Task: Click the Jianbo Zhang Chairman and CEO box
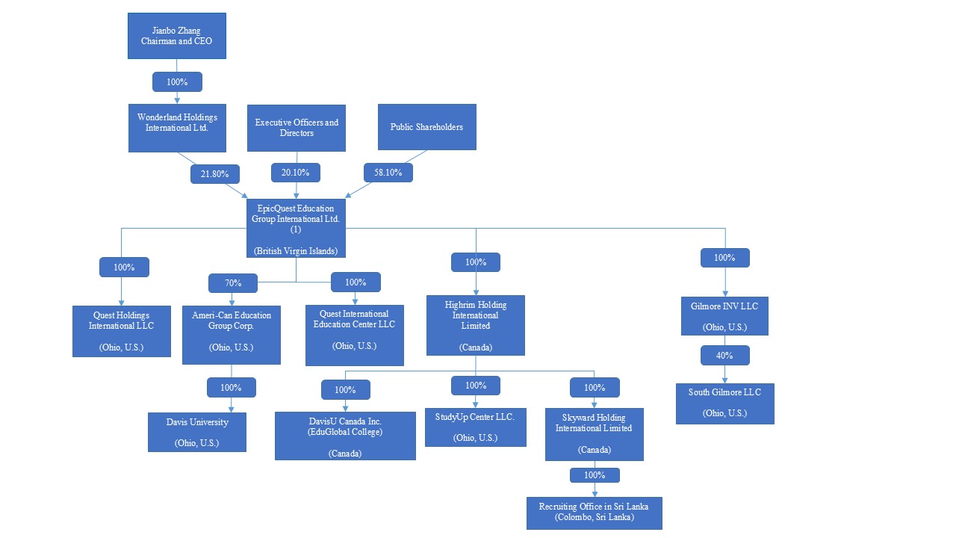tap(176, 36)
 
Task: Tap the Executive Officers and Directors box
tap(297, 128)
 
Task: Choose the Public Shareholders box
tap(426, 127)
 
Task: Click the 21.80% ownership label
tap(215, 174)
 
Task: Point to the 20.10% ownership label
tap(296, 173)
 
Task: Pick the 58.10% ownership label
tap(388, 173)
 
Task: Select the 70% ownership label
tap(233, 283)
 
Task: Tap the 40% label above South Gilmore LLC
tap(724, 356)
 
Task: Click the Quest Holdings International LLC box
tap(121, 331)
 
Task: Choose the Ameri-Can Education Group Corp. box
tap(232, 336)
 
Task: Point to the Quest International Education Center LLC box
tap(354, 335)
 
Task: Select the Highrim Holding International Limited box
tap(476, 325)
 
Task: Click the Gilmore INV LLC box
tap(724, 315)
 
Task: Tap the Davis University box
tap(197, 432)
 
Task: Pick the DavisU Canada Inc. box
tap(345, 436)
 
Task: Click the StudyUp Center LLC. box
tap(476, 427)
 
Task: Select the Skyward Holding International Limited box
tap(594, 433)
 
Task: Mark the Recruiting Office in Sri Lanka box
tap(594, 513)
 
